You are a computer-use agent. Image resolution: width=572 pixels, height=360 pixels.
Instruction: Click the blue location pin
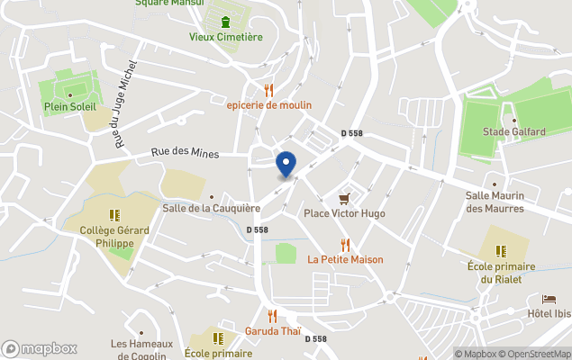click(286, 165)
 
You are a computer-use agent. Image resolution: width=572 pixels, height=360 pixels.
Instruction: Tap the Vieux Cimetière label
click(225, 37)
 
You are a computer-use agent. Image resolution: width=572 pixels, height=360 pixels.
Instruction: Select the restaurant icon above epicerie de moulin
click(268, 90)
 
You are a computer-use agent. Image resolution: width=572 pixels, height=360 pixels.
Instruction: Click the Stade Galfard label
click(513, 131)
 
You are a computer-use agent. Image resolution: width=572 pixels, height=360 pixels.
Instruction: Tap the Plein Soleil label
click(70, 108)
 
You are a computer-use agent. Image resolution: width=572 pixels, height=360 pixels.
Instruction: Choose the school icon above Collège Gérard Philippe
click(114, 216)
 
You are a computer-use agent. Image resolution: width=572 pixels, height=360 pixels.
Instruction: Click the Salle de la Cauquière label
click(211, 208)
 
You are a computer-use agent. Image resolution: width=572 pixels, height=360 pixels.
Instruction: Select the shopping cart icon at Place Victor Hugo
click(344, 199)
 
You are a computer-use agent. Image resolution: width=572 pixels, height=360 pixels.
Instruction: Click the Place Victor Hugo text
click(344, 213)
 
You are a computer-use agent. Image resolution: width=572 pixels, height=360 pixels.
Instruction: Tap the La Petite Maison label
click(345, 259)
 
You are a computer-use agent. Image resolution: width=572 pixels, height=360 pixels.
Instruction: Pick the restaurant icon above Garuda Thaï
click(272, 316)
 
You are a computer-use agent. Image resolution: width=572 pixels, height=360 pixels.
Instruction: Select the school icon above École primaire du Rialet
click(502, 251)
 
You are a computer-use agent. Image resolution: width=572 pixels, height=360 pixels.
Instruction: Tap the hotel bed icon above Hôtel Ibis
click(549, 299)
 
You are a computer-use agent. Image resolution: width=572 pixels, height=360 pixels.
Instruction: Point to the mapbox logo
click(40, 348)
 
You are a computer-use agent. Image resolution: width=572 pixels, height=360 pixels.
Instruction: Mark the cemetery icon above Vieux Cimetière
click(225, 22)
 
